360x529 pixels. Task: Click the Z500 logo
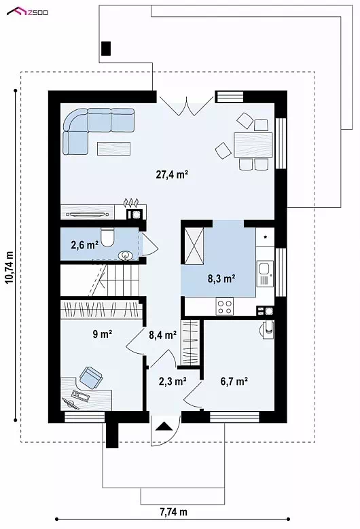pos(27,12)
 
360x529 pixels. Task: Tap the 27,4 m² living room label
pos(172,175)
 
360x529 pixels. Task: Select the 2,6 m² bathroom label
pos(85,244)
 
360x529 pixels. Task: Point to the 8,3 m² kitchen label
pos(221,278)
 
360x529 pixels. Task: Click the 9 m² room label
pos(103,334)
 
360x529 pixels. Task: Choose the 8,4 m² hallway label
pos(162,335)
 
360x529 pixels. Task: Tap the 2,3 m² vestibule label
pos(173,381)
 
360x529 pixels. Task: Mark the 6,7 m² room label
pos(234,381)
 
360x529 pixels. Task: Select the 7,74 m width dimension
pos(173,512)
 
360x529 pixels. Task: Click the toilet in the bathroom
pos(107,238)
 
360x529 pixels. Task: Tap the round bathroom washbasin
pos(126,255)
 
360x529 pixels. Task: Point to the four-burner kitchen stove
pos(225,306)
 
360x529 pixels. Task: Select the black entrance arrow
pos(164,426)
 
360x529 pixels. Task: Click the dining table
pos(253,145)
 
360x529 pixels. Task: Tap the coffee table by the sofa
pos(113,149)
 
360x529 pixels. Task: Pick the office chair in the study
pos(90,377)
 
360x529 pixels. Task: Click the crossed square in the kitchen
pos(194,245)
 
